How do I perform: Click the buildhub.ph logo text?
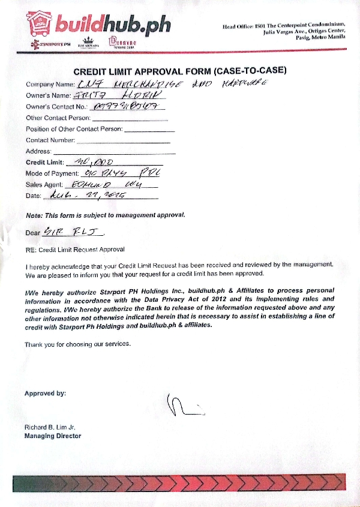(x=113, y=24)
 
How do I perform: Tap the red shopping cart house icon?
(x=40, y=23)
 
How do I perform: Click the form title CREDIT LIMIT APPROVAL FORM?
(x=179, y=71)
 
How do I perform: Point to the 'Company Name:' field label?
(x=50, y=85)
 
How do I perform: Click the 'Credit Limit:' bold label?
(x=45, y=163)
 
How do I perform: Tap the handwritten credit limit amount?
(x=96, y=161)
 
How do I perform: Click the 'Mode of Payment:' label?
(x=53, y=173)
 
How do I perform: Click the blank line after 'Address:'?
(x=114, y=152)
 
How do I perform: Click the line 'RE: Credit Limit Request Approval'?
(x=75, y=249)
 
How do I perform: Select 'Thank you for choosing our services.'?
(x=77, y=344)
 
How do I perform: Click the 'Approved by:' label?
(x=45, y=394)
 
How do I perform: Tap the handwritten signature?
(x=184, y=405)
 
